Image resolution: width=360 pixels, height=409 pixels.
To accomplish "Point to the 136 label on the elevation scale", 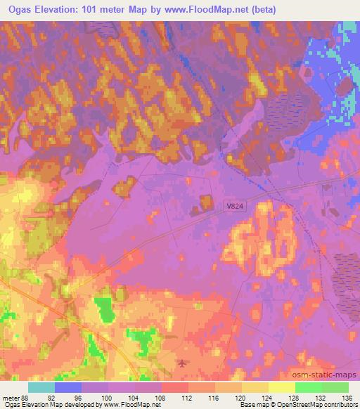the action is pyautogui.click(x=347, y=397).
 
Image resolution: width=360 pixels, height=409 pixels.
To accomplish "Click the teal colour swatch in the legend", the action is pyautogui.click(x=41, y=387).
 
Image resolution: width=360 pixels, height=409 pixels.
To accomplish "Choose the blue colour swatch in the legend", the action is pyautogui.click(x=68, y=387).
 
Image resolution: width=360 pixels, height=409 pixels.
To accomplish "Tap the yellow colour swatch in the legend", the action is pyautogui.click(x=281, y=387).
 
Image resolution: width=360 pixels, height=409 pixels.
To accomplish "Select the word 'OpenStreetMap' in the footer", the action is pyautogui.click(x=299, y=405).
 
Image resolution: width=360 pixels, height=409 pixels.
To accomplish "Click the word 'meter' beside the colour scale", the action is pyautogui.click(x=10, y=397).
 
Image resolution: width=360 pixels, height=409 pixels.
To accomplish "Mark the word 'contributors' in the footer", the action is pyautogui.click(x=340, y=405).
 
